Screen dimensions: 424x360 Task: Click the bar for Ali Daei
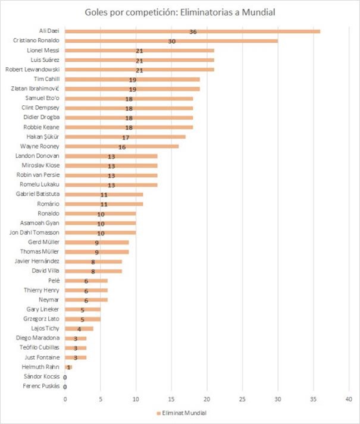point(192,31)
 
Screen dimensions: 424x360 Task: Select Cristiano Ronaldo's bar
point(171,41)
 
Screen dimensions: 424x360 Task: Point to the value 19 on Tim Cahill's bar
point(133,79)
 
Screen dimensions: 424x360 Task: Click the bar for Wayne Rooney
point(121,146)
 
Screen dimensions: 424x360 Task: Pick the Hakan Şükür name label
point(45,136)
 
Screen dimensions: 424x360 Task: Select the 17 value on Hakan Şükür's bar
point(126,137)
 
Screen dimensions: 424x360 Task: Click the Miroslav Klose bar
point(111,165)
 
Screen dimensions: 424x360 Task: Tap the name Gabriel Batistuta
point(37,194)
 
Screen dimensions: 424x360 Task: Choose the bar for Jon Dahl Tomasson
point(100,233)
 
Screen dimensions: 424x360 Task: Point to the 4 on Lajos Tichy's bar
point(79,329)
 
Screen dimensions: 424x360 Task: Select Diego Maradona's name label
point(39,338)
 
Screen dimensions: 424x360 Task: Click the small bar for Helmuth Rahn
point(68,367)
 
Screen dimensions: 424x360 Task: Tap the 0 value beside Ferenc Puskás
point(65,387)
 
